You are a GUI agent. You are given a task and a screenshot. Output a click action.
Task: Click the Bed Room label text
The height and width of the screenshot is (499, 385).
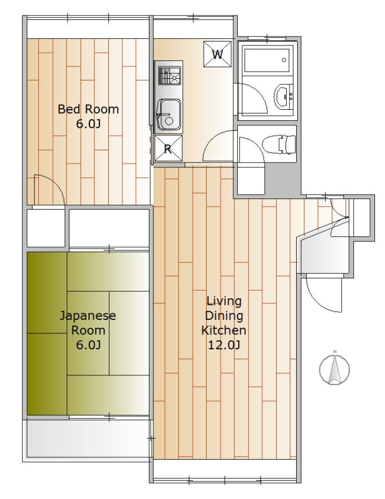pos(88,109)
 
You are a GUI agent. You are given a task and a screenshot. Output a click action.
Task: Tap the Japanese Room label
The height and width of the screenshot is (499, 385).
pos(88,323)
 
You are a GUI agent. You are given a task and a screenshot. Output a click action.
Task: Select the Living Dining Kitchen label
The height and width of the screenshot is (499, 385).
pos(223,315)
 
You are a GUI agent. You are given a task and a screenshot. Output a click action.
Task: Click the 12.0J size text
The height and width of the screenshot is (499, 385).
pos(223,345)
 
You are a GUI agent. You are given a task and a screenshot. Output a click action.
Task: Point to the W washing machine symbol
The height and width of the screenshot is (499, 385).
pos(218,54)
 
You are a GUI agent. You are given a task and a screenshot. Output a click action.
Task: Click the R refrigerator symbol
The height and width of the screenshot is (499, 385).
pos(168,148)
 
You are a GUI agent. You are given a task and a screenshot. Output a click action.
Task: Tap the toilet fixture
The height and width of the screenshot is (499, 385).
pos(280,144)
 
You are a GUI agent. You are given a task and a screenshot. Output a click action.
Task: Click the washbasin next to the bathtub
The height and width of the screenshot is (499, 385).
pos(284,96)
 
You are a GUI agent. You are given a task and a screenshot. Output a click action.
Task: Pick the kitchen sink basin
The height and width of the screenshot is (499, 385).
pos(169,115)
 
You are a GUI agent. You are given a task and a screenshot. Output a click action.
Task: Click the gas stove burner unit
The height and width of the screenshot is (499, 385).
pos(169,76)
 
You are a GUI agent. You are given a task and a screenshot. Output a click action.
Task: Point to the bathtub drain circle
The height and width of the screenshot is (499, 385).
pos(284,59)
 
